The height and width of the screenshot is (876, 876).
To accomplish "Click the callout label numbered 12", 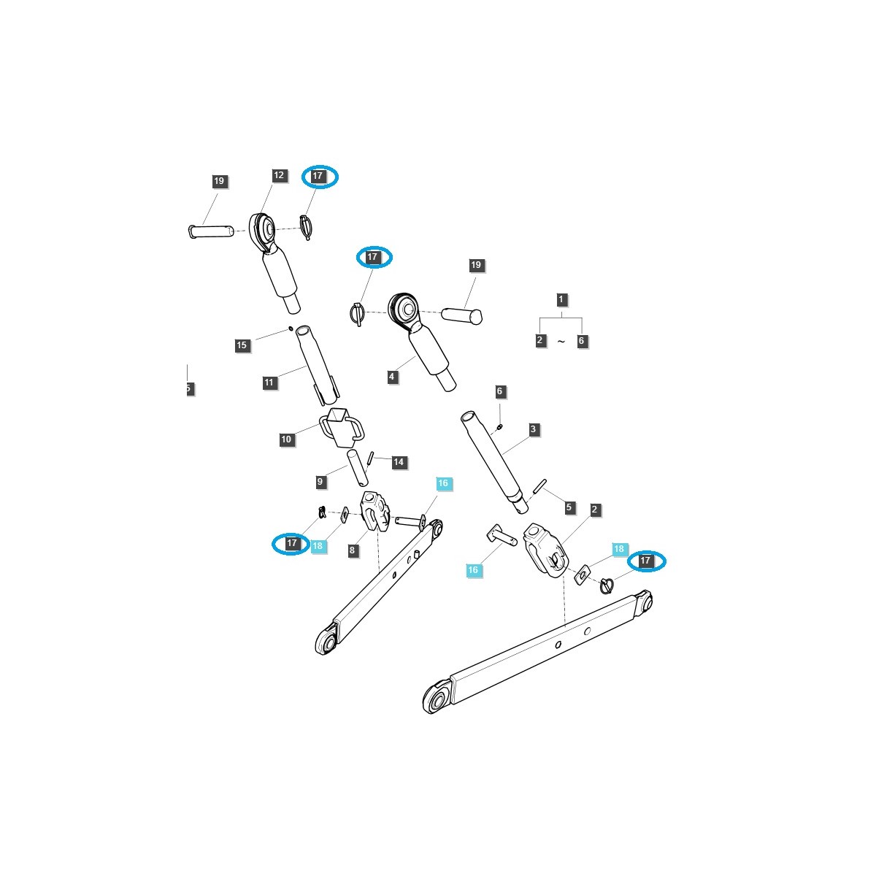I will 278,176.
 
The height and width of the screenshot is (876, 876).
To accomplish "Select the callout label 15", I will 242,345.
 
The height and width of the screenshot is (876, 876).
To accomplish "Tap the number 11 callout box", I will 269,383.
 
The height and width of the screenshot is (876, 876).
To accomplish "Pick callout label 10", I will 286,439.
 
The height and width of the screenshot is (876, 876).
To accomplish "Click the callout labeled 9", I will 320,482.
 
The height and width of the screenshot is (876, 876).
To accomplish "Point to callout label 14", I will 398,462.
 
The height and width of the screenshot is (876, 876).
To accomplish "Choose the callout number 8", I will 353,551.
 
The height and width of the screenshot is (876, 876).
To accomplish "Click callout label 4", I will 392,377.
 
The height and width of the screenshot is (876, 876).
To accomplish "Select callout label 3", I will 534,429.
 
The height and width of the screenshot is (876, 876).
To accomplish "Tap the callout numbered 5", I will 569,507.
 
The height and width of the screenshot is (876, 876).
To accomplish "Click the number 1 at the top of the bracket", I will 561,299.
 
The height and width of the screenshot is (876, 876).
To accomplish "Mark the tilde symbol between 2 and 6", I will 561,342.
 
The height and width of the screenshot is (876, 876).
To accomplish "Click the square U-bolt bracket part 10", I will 341,427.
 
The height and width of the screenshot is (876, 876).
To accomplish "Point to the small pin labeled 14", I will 372,458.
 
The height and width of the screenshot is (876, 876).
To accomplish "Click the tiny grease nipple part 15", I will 291,328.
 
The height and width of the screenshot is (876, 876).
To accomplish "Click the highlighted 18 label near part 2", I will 618,549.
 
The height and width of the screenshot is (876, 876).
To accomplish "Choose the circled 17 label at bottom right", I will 646,561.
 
